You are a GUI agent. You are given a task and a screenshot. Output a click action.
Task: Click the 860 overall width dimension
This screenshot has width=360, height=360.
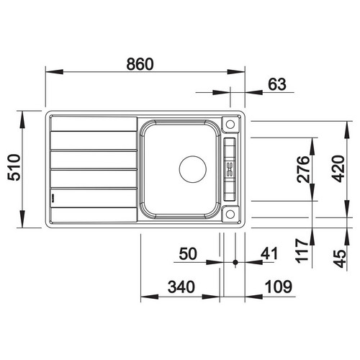pyautogui.click(x=140, y=64)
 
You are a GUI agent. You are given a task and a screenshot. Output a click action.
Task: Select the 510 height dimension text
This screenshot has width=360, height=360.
pyautogui.click(x=14, y=168)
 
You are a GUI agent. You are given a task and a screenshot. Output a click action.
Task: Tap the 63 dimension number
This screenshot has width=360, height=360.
pyautogui.click(x=277, y=84)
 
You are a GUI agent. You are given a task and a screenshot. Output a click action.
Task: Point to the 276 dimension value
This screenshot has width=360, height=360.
pyautogui.click(x=303, y=169)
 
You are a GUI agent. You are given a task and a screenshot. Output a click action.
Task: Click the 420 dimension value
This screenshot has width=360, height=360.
pyautogui.click(x=338, y=168)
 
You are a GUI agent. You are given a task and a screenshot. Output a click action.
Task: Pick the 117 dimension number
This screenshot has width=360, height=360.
pyautogui.click(x=302, y=251)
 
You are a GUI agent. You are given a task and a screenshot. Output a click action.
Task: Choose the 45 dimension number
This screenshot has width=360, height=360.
pyautogui.click(x=340, y=258)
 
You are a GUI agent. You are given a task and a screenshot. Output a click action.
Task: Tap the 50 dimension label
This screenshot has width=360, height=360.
pyautogui.click(x=188, y=253)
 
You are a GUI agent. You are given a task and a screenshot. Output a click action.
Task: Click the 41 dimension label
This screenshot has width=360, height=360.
pyautogui.click(x=269, y=253)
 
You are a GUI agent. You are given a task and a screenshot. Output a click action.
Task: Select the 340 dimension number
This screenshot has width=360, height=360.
pyautogui.click(x=181, y=287)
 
